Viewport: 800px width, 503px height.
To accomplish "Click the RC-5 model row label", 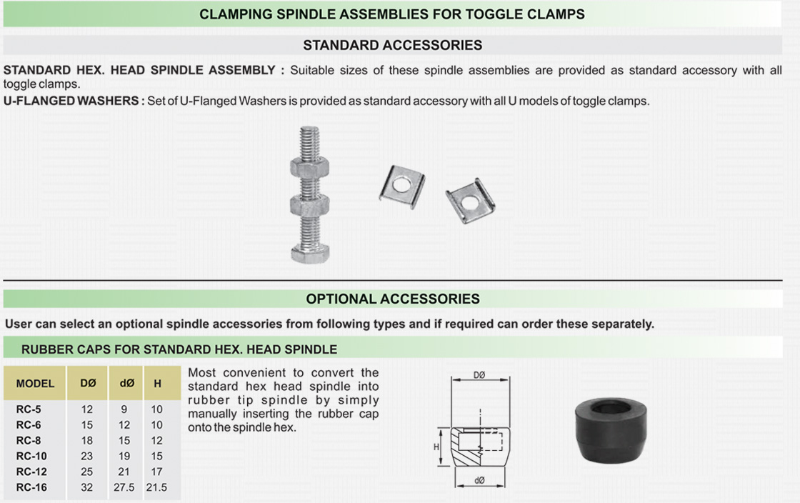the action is click(29, 409).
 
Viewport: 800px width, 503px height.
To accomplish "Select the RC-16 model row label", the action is click(31, 487).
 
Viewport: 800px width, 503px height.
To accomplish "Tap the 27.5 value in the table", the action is click(124, 487).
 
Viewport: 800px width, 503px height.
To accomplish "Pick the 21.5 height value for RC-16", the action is click(156, 487).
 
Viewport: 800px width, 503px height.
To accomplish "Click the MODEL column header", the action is click(35, 384).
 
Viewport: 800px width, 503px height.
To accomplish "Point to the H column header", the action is click(158, 384).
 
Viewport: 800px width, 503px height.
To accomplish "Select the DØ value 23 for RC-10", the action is click(86, 456).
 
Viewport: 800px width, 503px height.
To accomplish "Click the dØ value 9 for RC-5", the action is click(124, 409).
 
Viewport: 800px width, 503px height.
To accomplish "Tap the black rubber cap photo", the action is click(611, 430).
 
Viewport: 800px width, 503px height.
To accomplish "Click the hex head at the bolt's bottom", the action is click(310, 253).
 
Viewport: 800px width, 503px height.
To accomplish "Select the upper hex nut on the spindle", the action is click(310, 168).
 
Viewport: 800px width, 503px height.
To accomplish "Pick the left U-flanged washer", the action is click(402, 186).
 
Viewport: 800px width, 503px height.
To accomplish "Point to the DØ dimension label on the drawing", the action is click(479, 375).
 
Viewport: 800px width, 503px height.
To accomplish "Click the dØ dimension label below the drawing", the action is click(479, 480).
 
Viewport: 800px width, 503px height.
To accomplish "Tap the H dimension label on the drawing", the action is click(436, 447).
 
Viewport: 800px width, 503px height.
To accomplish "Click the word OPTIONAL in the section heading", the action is click(337, 299).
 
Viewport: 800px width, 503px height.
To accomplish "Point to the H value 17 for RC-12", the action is click(156, 472).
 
